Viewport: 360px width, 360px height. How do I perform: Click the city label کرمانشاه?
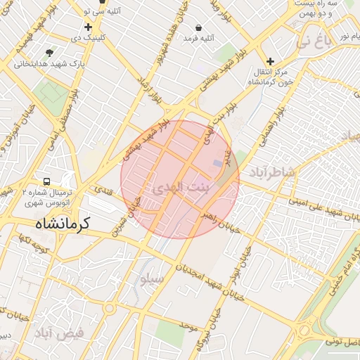click(63, 224)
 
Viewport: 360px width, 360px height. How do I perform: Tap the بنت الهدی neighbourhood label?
click(181, 188)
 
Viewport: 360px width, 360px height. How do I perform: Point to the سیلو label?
click(152, 279)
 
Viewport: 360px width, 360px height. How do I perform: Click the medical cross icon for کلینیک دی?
click(88, 27)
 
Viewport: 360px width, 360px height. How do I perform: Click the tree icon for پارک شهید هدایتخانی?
click(49, 53)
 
